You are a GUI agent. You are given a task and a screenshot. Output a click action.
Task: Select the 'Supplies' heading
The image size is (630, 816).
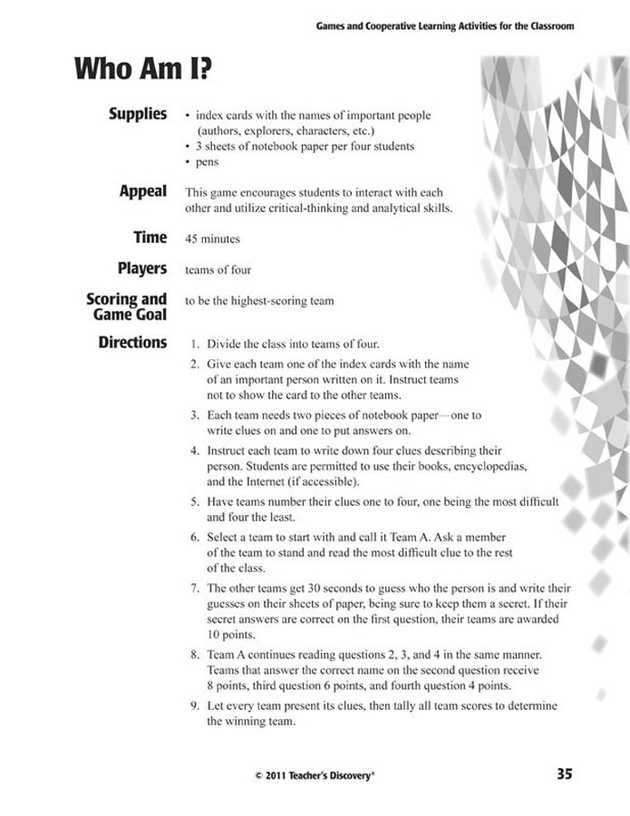coord(138,114)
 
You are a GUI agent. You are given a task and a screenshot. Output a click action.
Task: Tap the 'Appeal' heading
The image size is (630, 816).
coord(143,191)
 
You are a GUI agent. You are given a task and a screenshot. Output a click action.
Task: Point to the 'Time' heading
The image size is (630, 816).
coord(150,238)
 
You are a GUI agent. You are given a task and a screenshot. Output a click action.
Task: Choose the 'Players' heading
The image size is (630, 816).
coord(142,269)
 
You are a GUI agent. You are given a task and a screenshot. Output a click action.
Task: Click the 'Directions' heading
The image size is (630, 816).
coord(132,343)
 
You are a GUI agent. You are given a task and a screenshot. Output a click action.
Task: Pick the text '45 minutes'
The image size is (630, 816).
coord(212,239)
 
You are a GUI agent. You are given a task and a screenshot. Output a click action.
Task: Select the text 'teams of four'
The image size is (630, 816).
coord(218,270)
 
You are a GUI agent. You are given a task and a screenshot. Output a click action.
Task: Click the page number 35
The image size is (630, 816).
coord(564,773)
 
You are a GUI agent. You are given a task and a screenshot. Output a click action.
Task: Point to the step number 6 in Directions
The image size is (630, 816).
coord(195,537)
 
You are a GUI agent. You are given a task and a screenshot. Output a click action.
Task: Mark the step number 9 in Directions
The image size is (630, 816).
coord(195,705)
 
